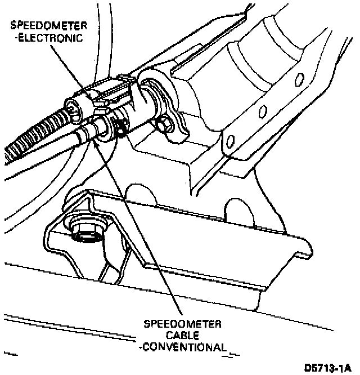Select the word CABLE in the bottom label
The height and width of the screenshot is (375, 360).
click(183, 335)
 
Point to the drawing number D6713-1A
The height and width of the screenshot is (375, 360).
click(328, 368)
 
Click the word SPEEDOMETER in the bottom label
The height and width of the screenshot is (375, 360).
click(183, 324)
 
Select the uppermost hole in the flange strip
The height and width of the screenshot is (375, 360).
click(300, 78)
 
